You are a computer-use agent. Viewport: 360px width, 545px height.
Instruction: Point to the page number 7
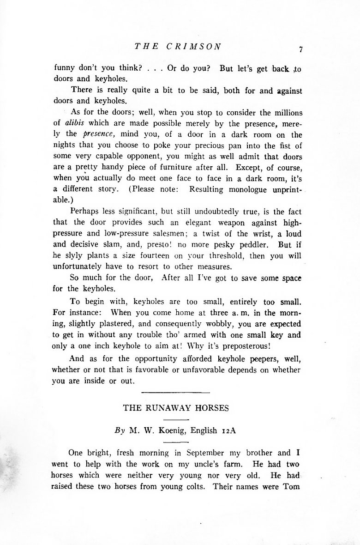300,50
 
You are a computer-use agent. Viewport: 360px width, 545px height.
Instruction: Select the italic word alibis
72,123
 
